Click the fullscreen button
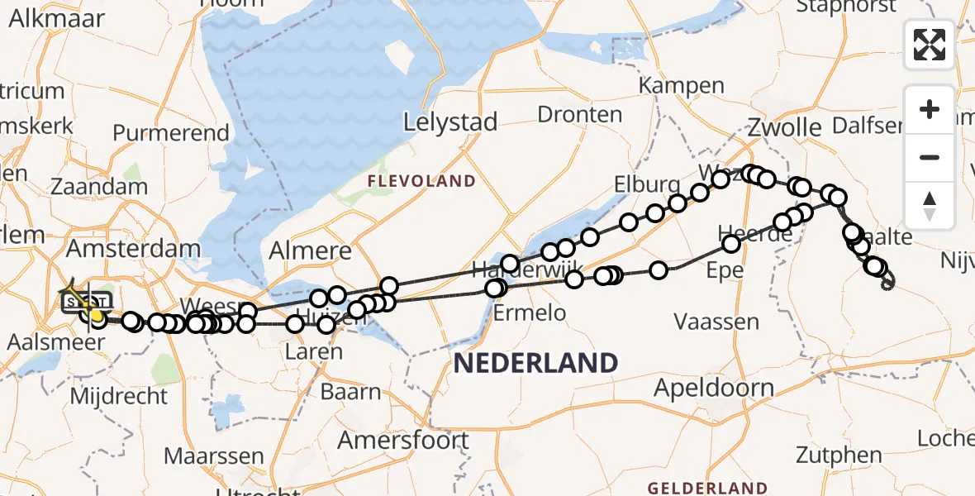click(x=930, y=45)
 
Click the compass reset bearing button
click(x=930, y=205)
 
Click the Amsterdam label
click(x=133, y=248)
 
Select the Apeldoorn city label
click(x=715, y=388)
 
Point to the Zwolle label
click(x=784, y=128)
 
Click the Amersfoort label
click(x=403, y=440)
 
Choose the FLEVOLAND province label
click(x=422, y=181)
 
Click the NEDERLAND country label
click(x=535, y=362)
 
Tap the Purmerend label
click(x=171, y=132)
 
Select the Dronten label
click(x=580, y=114)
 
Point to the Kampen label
click(x=682, y=85)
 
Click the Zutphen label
click(x=839, y=454)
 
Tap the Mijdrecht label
click(x=119, y=396)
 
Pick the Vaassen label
click(x=717, y=321)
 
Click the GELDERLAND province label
click(x=707, y=488)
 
